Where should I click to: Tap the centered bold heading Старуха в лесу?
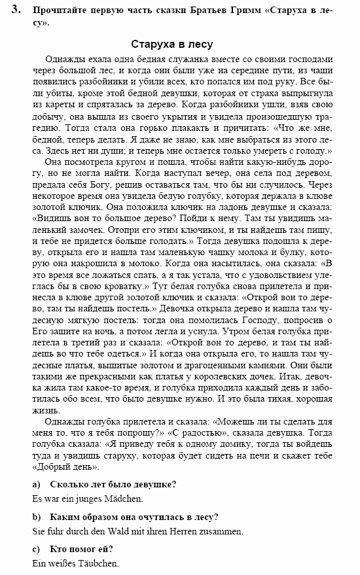171,44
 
